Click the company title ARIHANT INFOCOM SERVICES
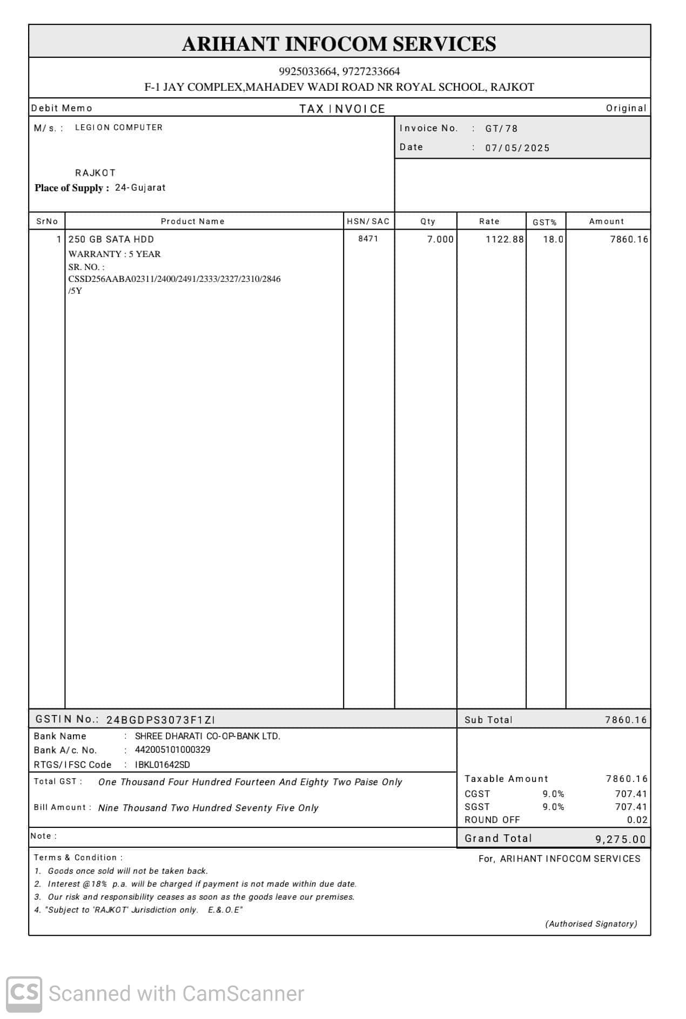point(339,44)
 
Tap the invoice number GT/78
point(501,129)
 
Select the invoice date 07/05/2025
point(517,148)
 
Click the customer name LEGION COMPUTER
point(119,127)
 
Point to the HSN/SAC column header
point(368,221)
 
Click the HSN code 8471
point(368,239)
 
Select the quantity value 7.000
point(440,239)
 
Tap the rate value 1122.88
point(505,239)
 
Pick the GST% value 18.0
point(553,239)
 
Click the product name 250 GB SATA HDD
point(111,239)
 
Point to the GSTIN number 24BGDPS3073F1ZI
point(160,720)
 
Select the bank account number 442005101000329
point(173,750)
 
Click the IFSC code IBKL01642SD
point(163,765)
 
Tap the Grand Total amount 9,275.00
point(621,839)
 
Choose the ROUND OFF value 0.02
point(637,820)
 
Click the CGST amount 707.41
point(631,794)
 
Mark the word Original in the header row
point(626,108)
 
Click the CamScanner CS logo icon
point(24,994)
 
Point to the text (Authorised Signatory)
point(591,924)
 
